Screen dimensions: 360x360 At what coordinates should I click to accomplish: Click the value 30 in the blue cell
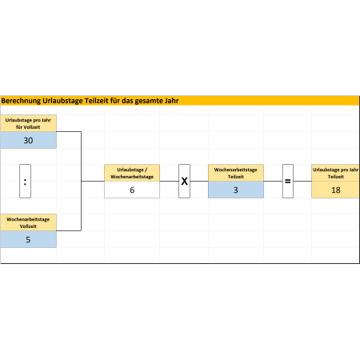[28, 140]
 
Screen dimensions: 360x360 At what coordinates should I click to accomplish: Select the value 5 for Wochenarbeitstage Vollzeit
[28, 239]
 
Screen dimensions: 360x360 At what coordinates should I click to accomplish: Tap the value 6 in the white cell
[132, 190]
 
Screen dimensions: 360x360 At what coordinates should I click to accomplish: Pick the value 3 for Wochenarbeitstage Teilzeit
[236, 190]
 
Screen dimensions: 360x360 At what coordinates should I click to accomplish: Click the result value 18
[336, 190]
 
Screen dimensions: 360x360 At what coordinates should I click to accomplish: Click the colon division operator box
[25, 181]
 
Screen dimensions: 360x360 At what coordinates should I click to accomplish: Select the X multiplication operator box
[184, 181]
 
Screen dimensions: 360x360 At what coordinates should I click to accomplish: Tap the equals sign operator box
[288, 181]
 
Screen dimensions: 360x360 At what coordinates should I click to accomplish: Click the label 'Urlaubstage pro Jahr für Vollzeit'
[28, 123]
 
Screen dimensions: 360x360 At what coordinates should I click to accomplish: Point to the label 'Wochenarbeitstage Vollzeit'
[28, 222]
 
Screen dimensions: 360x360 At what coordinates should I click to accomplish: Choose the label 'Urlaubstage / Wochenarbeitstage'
[132, 173]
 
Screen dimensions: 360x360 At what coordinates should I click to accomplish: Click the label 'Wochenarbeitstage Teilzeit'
[236, 173]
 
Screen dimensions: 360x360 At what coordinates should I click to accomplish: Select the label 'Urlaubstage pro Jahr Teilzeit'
[336, 173]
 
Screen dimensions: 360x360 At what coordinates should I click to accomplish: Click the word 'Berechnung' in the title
[21, 101]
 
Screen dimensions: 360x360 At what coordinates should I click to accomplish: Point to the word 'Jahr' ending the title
[171, 101]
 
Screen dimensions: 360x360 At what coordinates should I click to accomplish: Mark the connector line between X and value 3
[199, 182]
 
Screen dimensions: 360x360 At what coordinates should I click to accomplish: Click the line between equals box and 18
[302, 182]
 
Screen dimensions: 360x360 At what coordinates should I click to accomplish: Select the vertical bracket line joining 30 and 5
[81, 181]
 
